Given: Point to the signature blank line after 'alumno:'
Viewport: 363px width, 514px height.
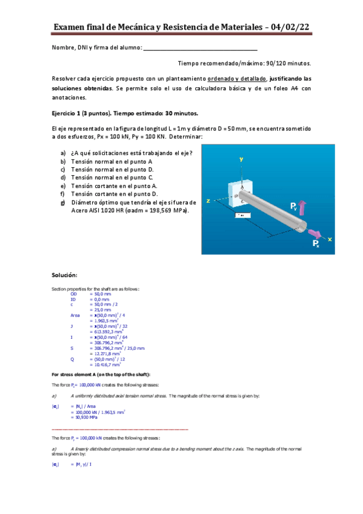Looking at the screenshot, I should pyautogui.click(x=200, y=48).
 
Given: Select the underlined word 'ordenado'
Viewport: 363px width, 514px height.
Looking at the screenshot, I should pyautogui.click(x=222, y=79).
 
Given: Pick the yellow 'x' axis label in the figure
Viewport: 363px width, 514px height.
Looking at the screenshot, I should pyautogui.click(x=330, y=239).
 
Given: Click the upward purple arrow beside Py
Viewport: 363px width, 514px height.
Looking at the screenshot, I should pyautogui.click(x=303, y=209).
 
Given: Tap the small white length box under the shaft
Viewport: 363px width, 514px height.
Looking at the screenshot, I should pyautogui.click(x=242, y=215).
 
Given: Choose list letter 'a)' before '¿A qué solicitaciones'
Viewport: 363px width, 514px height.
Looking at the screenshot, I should pyautogui.click(x=63, y=153).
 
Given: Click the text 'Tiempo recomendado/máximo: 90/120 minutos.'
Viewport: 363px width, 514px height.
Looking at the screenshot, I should pyautogui.click(x=244, y=63).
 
